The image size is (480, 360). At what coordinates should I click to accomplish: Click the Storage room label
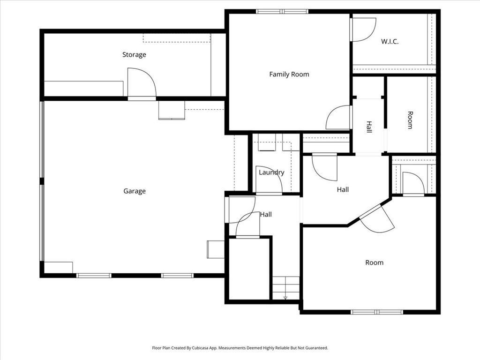click(x=134, y=55)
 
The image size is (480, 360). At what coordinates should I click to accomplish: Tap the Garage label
click(x=135, y=191)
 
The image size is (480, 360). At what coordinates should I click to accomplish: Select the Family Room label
click(x=289, y=75)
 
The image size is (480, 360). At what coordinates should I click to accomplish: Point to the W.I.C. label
click(x=390, y=42)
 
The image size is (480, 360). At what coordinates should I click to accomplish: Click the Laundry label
click(x=271, y=172)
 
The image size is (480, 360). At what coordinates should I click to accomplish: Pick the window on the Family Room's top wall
click(x=282, y=12)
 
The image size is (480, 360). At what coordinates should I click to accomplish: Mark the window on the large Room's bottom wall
click(x=376, y=312)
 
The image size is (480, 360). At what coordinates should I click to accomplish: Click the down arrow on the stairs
click(x=285, y=297)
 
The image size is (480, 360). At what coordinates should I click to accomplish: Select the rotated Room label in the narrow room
click(x=410, y=120)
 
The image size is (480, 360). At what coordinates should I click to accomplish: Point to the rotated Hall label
click(x=369, y=127)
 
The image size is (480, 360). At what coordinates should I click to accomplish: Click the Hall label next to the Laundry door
click(x=266, y=215)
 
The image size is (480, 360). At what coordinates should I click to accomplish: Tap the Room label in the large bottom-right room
click(x=374, y=262)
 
